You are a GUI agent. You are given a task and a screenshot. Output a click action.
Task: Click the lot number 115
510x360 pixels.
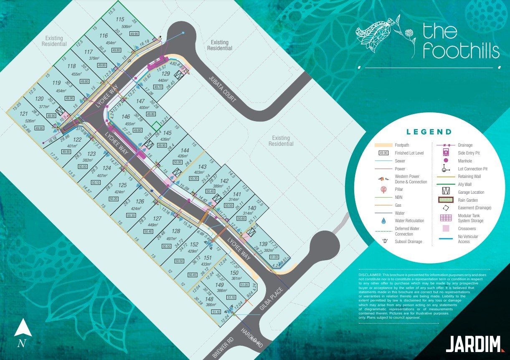coord(120,19)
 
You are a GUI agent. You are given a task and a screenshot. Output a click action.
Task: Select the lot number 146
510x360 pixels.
coord(126,117)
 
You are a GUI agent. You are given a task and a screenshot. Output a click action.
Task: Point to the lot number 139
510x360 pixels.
coord(263,244)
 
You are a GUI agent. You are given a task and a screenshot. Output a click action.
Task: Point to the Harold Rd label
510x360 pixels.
coord(251,338)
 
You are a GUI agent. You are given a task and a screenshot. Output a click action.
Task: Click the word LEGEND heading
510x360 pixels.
coord(429,132)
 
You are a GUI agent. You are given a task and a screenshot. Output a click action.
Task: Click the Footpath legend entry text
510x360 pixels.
coord(402,145)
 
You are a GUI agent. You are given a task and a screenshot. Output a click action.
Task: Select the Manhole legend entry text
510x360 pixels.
coord(465,161)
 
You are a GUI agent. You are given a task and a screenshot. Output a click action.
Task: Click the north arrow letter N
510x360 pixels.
coord(20,344)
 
